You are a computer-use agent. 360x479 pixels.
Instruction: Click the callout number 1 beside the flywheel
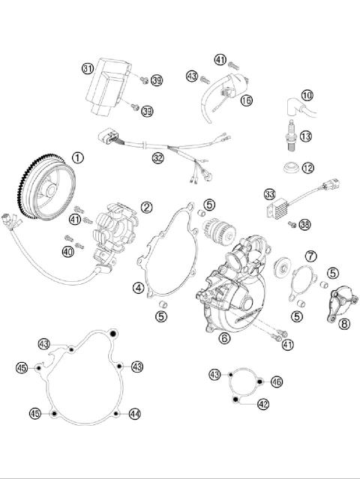78,157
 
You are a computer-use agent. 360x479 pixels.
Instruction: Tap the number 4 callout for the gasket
139,287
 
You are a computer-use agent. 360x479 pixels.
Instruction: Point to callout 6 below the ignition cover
224,338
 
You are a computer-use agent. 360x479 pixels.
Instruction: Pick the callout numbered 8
344,325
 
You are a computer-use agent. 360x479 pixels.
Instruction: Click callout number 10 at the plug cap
307,95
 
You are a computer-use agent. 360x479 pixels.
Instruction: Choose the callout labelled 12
307,166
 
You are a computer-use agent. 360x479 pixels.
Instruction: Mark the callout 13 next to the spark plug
305,136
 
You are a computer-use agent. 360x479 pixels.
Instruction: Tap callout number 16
247,99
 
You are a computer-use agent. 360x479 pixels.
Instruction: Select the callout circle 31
88,69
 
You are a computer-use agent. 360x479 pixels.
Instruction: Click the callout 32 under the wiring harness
157,158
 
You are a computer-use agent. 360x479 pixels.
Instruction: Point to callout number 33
269,194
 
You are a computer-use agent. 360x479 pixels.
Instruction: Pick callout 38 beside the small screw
304,224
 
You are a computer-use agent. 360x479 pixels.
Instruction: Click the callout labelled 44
134,413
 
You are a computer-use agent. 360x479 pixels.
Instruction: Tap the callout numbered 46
277,382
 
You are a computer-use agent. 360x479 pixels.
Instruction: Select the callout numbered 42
262,403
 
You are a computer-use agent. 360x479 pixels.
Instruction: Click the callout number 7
310,256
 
